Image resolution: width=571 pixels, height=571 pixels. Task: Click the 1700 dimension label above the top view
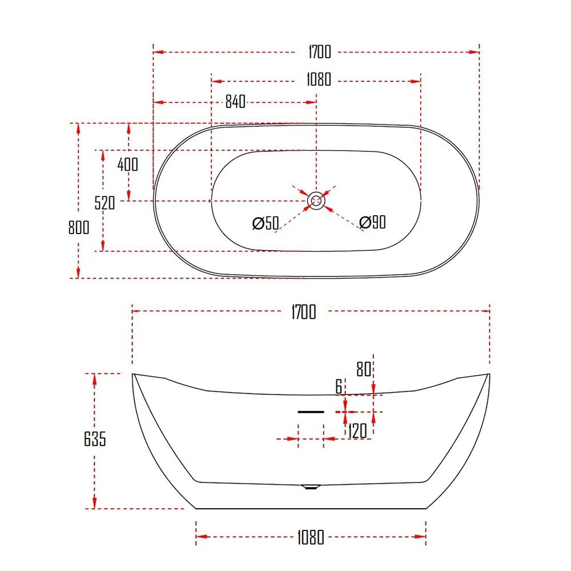point(319,52)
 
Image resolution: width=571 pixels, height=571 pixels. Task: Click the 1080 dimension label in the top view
point(318,79)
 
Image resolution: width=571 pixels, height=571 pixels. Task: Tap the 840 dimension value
point(235,102)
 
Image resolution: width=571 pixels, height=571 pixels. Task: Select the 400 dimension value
point(127,164)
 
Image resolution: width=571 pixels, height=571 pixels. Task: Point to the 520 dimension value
point(105,202)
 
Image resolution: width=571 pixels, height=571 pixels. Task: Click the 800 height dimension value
point(79,227)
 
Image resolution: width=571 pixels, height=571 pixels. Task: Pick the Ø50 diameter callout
point(266,223)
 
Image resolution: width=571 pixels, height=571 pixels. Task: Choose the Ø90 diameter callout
point(373,222)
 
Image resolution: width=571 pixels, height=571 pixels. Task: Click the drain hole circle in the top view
point(316,201)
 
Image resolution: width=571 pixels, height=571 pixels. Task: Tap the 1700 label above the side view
point(303,312)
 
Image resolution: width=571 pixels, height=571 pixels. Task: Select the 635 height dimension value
point(95,440)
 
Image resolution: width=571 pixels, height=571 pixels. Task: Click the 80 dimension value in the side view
point(364,369)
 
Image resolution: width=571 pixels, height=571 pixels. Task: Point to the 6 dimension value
point(339,387)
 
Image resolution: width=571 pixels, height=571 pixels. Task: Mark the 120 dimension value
point(357,431)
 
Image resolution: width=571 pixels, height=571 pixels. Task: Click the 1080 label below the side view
point(311,537)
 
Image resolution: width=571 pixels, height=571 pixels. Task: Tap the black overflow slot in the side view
point(311,411)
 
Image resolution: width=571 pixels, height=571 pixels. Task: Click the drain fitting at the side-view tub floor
point(311,487)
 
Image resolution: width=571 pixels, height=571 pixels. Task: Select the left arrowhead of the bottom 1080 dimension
point(199,536)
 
